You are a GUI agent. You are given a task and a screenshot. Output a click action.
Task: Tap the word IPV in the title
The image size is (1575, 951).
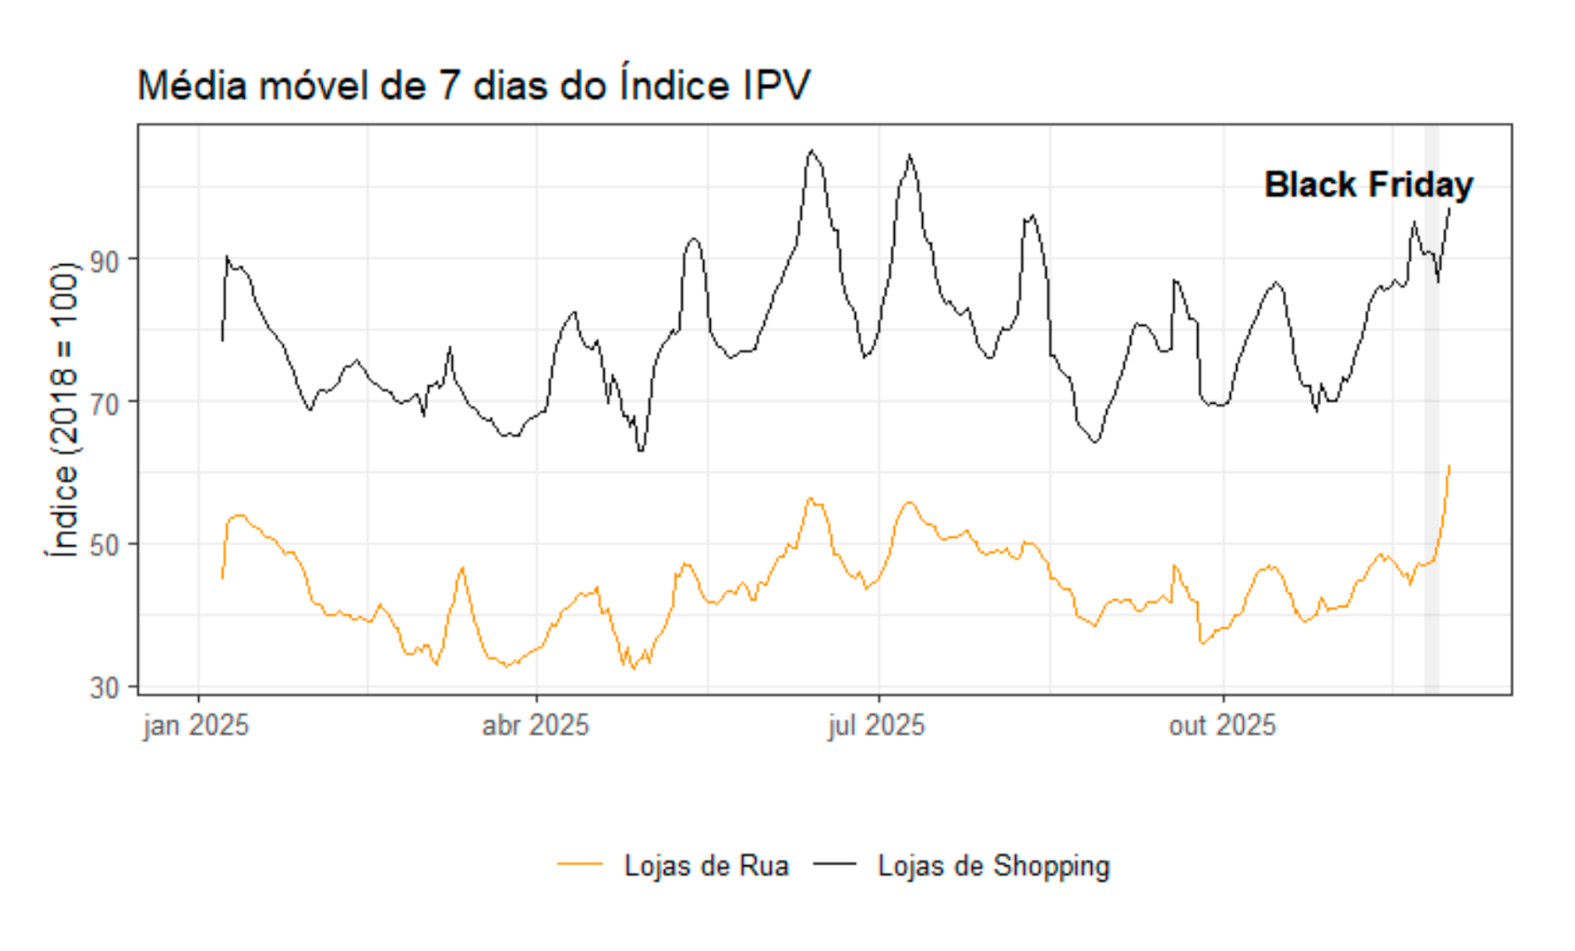point(776,86)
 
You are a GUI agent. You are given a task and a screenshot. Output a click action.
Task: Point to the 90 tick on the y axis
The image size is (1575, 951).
point(105,261)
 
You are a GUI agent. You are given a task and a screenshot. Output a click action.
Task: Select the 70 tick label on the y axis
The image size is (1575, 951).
point(105,404)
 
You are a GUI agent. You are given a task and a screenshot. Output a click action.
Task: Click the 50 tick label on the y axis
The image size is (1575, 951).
point(105,545)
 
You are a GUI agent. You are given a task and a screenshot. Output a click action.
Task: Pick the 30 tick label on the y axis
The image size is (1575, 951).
point(105,688)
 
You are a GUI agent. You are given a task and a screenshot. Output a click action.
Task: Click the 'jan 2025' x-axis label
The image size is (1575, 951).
point(196,726)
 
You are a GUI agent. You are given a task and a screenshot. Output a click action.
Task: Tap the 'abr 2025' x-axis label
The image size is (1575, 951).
point(536,726)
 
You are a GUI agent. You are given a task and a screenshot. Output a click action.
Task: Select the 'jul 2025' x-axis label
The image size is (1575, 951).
point(876,726)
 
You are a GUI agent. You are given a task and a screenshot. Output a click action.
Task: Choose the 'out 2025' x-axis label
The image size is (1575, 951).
point(1222,726)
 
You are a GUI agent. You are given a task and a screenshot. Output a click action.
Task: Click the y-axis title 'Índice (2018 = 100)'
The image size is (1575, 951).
point(62,409)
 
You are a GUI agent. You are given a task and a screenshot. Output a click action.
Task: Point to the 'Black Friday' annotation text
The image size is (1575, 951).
point(1368,185)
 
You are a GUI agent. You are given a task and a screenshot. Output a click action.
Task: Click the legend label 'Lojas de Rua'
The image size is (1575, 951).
point(706,866)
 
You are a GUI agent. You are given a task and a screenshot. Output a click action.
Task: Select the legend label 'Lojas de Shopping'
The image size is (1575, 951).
point(994,866)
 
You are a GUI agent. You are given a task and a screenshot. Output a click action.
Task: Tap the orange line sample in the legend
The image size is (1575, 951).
point(581,864)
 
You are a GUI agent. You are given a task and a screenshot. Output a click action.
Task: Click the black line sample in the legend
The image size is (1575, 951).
point(834,864)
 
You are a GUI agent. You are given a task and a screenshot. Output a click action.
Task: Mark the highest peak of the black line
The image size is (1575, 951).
point(812,150)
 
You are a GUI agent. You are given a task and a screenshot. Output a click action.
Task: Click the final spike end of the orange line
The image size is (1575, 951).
point(1449,466)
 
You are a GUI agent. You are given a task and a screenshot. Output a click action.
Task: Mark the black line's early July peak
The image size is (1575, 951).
point(910,155)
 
